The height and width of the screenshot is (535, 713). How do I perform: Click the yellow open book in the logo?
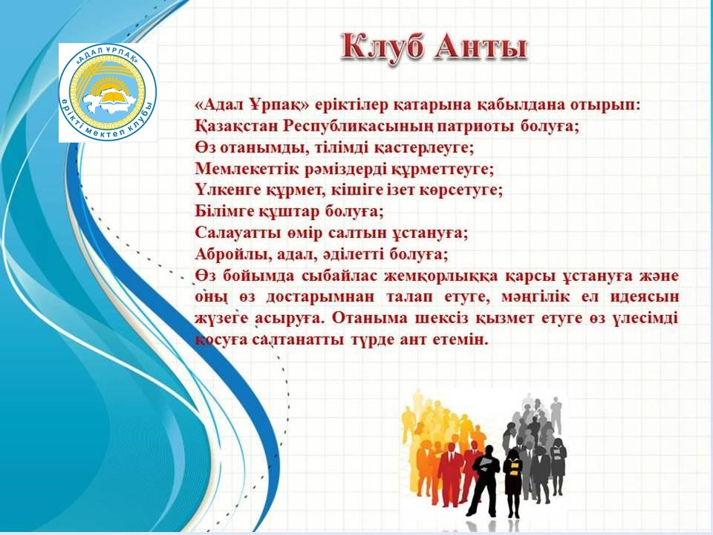(x=112, y=97)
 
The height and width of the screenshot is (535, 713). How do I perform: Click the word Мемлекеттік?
(x=241, y=169)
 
